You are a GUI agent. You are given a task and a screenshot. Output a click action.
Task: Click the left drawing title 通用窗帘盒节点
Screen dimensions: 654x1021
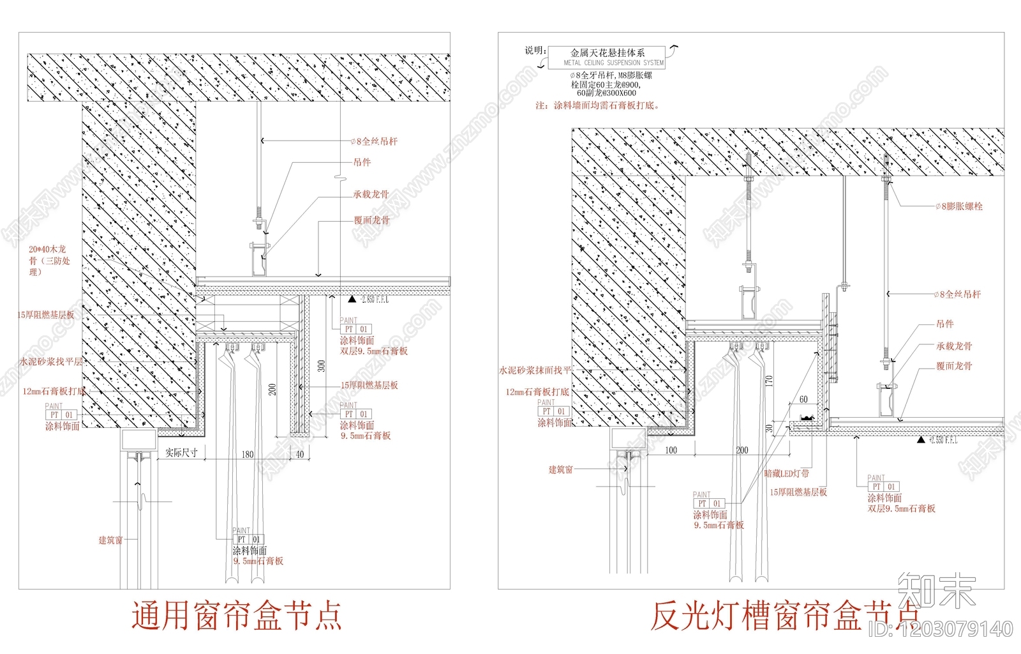point(237,616)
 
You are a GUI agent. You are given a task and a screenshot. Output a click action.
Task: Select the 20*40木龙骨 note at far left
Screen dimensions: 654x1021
point(48,260)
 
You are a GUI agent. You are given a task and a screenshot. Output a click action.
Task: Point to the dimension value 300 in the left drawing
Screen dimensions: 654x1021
point(322,366)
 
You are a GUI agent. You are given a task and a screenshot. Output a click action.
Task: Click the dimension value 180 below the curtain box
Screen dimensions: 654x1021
point(248,454)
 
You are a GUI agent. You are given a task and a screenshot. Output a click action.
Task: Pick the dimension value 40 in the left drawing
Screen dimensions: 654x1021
point(300,454)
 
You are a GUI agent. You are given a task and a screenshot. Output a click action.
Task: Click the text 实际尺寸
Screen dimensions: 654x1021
point(181,453)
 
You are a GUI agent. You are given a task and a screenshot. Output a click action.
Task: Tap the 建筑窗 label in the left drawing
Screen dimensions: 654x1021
point(110,540)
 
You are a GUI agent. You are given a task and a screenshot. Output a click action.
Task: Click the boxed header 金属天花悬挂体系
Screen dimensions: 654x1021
point(607,53)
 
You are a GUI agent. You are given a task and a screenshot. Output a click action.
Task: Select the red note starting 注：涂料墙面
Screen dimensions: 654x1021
point(597,105)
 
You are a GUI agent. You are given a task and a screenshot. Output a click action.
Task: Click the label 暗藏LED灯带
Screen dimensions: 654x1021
point(786,473)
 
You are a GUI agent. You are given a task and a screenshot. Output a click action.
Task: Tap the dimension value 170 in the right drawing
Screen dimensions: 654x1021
point(769,381)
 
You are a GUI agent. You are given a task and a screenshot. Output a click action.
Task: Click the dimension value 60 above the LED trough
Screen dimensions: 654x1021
point(803,399)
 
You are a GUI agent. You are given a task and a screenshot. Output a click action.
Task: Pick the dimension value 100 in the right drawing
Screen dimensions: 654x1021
point(671,450)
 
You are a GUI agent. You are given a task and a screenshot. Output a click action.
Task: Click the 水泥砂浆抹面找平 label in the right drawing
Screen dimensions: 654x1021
point(535,370)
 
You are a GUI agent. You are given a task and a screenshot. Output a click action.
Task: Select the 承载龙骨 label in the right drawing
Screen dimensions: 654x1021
point(954,346)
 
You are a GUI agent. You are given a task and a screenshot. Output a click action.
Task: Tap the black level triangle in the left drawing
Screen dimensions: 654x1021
point(352,299)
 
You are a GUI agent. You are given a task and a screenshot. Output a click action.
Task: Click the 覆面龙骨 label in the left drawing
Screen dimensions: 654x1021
point(371,220)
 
